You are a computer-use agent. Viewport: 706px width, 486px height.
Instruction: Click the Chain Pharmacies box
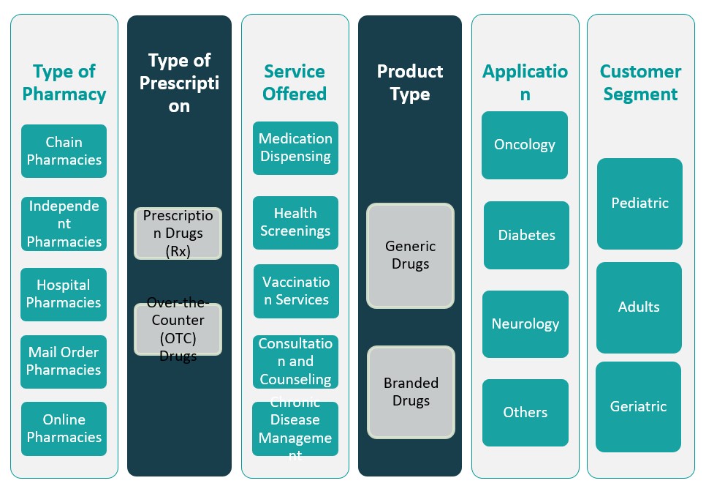point(64,151)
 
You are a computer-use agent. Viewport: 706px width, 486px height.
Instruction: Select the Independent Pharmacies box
point(64,223)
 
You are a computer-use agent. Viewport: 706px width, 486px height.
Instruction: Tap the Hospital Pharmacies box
point(64,294)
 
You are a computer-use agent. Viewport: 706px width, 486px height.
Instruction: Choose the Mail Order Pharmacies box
point(64,362)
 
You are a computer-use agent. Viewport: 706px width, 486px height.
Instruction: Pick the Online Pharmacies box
point(64,428)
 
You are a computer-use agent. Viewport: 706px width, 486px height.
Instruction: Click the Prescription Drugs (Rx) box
point(178,233)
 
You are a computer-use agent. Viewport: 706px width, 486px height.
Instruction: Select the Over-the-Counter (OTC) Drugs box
point(178,329)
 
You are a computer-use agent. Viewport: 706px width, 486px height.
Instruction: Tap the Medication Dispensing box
point(295,148)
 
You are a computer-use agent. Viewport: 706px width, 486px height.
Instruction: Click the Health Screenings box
point(295,223)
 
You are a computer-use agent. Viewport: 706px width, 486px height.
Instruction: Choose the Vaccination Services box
point(296,291)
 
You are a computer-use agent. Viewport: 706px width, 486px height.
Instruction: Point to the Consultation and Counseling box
point(295,362)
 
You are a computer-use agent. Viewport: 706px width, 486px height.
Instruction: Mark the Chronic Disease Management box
point(295,429)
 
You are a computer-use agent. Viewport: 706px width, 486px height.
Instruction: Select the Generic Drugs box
point(410,255)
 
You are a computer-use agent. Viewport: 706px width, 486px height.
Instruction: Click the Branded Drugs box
point(411,392)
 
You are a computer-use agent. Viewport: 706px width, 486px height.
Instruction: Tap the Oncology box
point(525,145)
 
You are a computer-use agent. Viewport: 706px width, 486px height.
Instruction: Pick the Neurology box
point(525,324)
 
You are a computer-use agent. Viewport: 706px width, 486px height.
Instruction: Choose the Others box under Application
point(525,412)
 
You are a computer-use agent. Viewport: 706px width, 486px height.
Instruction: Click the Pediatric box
point(639,203)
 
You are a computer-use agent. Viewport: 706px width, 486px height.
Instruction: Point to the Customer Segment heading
point(640,83)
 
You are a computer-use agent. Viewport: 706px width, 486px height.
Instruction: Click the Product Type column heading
point(410,83)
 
